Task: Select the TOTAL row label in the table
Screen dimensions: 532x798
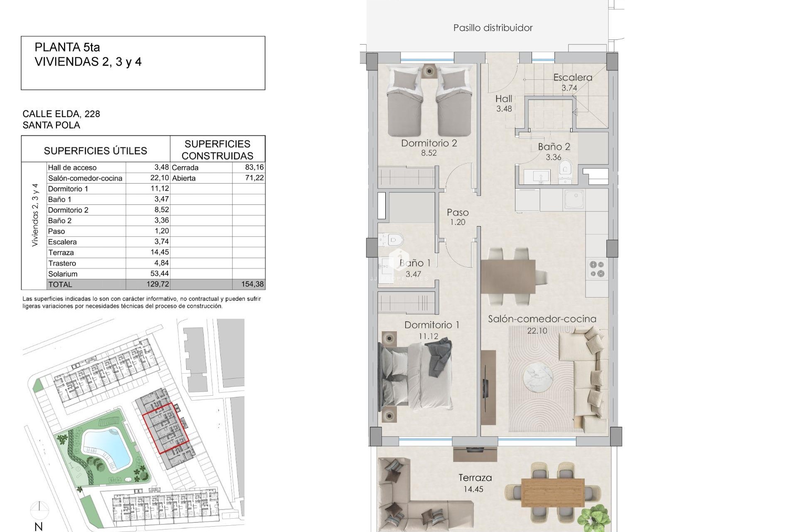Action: coord(60,285)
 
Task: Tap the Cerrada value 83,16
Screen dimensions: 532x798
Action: coord(254,167)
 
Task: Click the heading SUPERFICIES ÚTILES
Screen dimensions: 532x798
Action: coord(95,150)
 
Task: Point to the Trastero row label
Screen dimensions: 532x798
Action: coord(62,263)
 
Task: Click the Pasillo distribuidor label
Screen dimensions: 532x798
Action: coord(493,28)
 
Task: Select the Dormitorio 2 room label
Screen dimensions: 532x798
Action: coord(429,143)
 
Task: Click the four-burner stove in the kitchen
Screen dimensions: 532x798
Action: coord(597,268)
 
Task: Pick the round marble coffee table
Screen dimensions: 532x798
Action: coord(538,378)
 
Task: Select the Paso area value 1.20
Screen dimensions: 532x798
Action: coord(458,222)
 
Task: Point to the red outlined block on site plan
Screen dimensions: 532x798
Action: coord(165,428)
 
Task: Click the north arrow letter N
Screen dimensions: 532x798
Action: coord(39,527)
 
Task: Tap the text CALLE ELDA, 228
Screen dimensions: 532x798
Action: coord(61,114)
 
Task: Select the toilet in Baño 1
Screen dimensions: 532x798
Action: coord(393,240)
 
